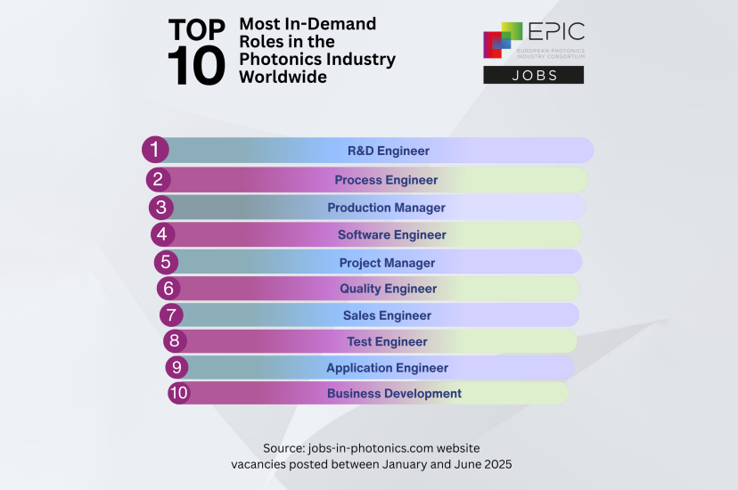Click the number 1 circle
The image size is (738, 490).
click(155, 150)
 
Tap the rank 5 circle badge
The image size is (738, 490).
click(165, 262)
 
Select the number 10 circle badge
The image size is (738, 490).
click(178, 392)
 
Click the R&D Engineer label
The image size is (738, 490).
click(388, 151)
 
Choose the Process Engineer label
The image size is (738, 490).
click(386, 180)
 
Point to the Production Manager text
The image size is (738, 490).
click(386, 208)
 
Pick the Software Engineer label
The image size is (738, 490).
click(391, 235)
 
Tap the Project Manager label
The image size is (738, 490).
click(387, 263)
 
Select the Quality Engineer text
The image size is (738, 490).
click(388, 289)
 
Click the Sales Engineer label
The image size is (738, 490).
click(387, 315)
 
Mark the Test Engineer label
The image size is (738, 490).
click(387, 341)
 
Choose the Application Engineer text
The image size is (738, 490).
click(387, 368)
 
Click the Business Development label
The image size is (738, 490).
click(394, 393)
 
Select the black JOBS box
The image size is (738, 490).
click(533, 75)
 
